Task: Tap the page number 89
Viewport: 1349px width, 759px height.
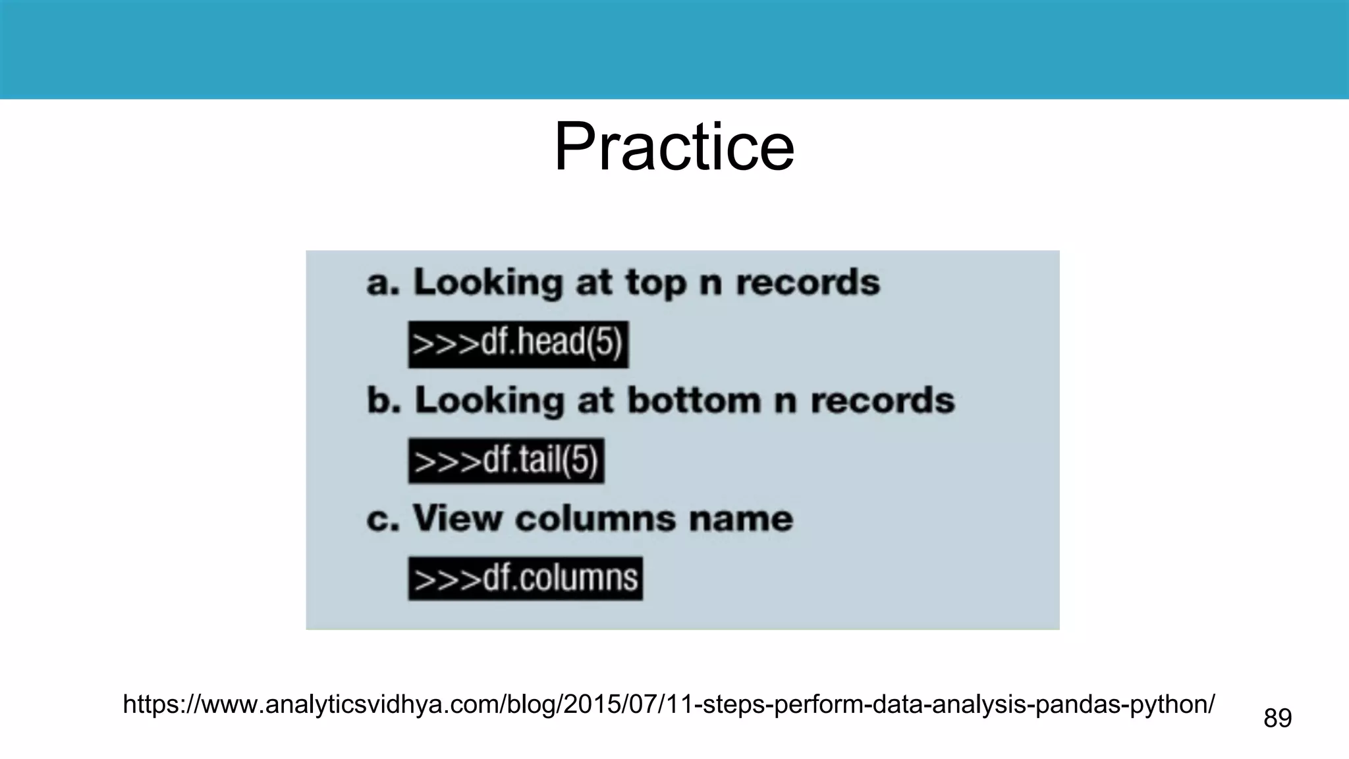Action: coord(1277,717)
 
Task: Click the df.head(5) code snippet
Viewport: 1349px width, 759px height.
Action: coord(518,344)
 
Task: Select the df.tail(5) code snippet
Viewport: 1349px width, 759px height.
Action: coord(506,461)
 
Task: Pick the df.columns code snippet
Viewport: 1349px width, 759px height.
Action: coord(525,578)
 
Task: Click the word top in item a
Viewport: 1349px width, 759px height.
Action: coord(655,284)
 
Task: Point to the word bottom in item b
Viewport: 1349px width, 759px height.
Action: coord(693,401)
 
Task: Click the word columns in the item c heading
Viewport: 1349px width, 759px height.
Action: coord(595,519)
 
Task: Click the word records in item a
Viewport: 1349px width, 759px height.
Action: coord(808,283)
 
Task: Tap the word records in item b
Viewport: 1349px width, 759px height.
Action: coord(882,401)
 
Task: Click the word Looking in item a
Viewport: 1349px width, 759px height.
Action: coord(487,284)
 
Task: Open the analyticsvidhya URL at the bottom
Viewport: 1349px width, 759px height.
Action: coord(669,704)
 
